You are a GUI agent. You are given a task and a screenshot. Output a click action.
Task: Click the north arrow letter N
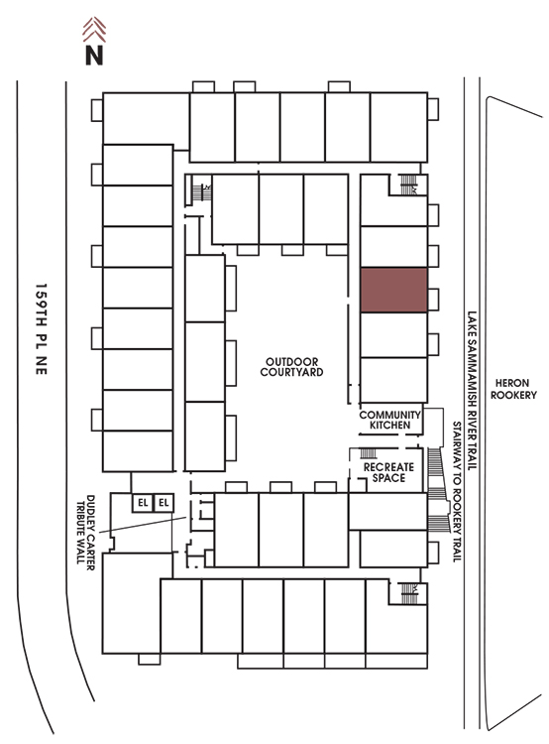click(x=94, y=55)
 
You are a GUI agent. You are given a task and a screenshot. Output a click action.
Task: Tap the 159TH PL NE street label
click(x=42, y=329)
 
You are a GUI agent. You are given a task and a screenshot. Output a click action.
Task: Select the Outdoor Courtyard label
click(x=291, y=367)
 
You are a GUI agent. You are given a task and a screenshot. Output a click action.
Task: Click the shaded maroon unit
click(x=394, y=290)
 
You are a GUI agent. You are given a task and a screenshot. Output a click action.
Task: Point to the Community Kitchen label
click(x=390, y=420)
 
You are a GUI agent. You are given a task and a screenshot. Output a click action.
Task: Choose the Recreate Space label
click(x=388, y=472)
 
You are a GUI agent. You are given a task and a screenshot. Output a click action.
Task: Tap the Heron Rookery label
click(x=513, y=389)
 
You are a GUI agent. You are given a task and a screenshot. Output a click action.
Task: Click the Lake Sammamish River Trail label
click(x=472, y=391)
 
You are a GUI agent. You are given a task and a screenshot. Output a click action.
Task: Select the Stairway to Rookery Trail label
click(x=457, y=492)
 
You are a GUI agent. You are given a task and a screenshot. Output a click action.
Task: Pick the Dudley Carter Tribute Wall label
click(x=85, y=532)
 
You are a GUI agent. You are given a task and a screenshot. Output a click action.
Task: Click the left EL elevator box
click(x=143, y=503)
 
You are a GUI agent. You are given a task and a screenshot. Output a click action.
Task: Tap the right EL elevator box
click(x=164, y=503)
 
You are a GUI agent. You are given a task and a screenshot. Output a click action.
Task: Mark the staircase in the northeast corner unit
click(x=408, y=185)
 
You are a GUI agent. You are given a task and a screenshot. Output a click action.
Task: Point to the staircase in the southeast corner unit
click(x=408, y=593)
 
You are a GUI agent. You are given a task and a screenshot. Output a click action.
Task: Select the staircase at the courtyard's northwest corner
click(x=198, y=191)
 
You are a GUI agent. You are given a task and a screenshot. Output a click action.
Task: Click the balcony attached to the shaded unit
click(x=433, y=300)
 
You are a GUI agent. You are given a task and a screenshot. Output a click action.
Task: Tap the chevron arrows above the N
click(x=94, y=30)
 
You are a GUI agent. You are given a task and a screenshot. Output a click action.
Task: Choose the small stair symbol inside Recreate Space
click(x=369, y=453)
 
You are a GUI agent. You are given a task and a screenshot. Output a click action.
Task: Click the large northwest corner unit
click(x=146, y=119)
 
